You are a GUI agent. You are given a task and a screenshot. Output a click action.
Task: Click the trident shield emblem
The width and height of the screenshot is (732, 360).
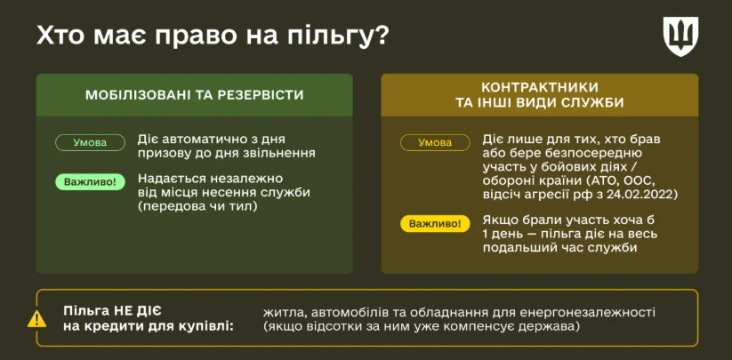[680, 36]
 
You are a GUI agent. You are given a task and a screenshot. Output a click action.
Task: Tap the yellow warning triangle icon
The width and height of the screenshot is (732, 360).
[36, 319]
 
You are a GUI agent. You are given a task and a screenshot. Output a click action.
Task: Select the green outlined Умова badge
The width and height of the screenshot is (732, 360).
[90, 143]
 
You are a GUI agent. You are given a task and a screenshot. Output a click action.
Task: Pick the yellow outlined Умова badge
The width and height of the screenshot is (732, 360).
[435, 143]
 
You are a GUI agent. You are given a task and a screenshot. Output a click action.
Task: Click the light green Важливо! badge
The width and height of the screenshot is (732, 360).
[90, 182]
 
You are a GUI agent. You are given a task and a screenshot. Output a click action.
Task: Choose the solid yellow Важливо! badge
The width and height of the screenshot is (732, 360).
[435, 224]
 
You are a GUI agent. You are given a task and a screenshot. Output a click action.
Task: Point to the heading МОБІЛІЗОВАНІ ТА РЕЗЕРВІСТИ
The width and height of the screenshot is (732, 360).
[195, 95]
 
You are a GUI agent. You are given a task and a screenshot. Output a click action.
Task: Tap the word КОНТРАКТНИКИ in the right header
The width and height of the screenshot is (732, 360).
[540, 87]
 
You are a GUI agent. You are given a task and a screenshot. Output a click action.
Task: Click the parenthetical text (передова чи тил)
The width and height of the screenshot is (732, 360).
[197, 205]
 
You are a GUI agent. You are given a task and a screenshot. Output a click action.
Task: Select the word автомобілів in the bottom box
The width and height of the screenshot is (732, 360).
[346, 312]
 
